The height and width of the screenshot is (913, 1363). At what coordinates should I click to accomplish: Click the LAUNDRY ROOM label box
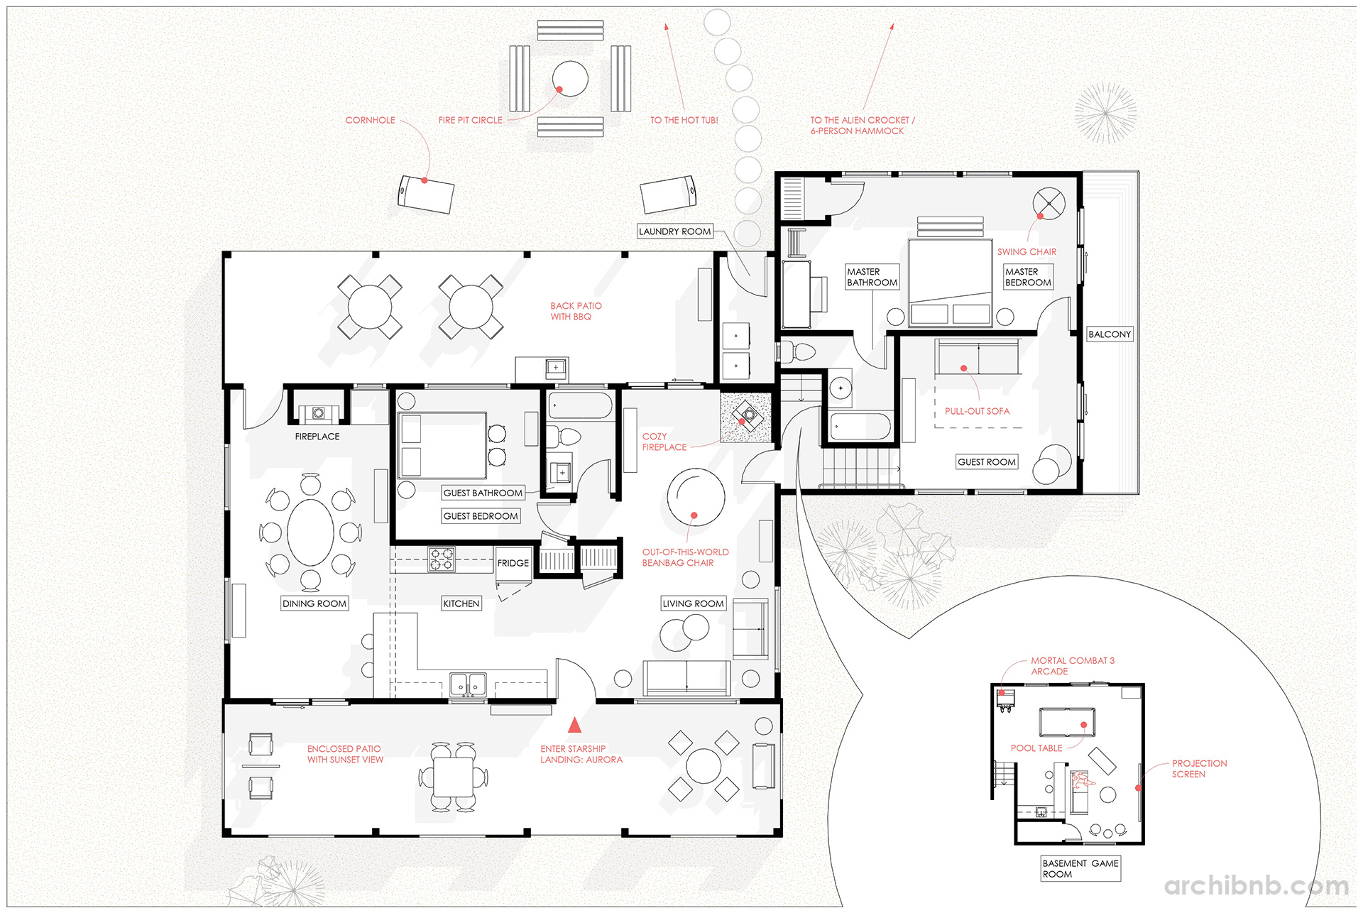click(x=674, y=231)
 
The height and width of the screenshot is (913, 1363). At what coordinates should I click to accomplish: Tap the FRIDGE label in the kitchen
click(x=513, y=563)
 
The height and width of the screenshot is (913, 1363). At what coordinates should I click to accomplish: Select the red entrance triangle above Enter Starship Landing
click(x=574, y=725)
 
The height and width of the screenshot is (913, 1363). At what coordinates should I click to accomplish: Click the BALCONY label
click(x=1109, y=334)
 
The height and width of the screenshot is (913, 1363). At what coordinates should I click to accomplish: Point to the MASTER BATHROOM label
click(x=872, y=277)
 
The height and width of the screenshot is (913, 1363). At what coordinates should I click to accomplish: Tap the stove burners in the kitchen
click(x=441, y=559)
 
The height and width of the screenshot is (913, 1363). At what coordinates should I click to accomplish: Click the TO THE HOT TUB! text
click(x=684, y=121)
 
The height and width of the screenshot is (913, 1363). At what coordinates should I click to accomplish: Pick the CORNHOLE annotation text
click(x=370, y=121)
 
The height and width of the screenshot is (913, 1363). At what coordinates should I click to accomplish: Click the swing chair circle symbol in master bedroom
click(x=1049, y=204)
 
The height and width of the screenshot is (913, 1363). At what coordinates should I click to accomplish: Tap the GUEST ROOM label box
click(x=986, y=462)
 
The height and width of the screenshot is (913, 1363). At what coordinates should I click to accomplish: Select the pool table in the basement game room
click(x=1066, y=722)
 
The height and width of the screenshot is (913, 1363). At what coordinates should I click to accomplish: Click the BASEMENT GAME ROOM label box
click(x=1080, y=869)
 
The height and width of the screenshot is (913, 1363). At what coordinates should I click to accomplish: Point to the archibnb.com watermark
click(x=1256, y=886)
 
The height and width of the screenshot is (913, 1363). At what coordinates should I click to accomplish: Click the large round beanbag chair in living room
click(x=695, y=497)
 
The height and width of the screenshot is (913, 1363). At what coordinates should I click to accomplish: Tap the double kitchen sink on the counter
click(x=467, y=685)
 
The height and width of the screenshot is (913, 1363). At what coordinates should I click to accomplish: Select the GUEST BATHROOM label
click(x=483, y=493)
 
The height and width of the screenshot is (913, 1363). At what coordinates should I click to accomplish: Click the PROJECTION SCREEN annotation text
click(x=1198, y=769)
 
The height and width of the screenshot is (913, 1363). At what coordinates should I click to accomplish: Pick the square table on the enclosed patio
click(x=453, y=777)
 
